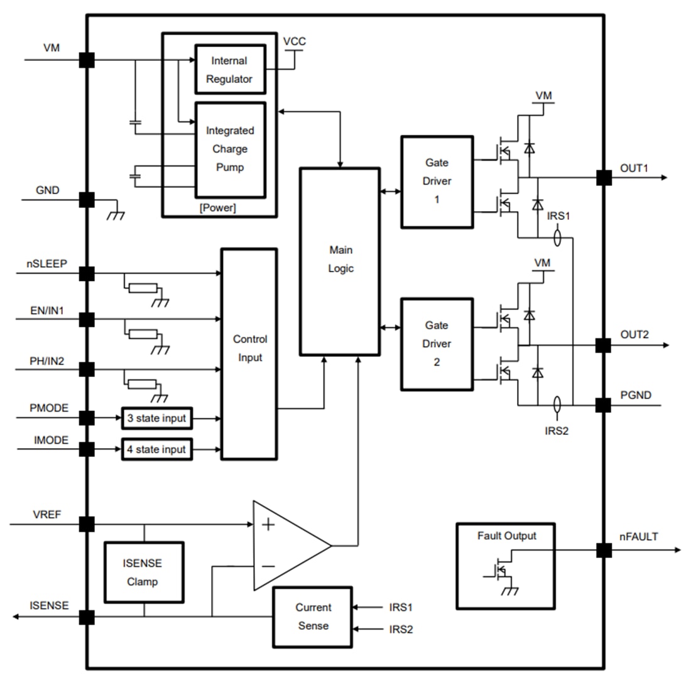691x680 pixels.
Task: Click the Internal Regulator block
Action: tap(229, 70)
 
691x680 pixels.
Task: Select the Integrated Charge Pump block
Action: tap(230, 150)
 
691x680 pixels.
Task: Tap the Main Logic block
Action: tap(340, 261)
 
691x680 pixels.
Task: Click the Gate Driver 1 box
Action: tap(437, 181)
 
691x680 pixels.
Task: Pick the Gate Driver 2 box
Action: tap(437, 344)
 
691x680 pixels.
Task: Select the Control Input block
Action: tap(249, 354)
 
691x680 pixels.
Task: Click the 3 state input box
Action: tap(156, 418)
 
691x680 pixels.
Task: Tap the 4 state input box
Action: tap(156, 449)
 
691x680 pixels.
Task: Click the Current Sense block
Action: tap(312, 617)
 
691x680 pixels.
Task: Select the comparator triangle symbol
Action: tap(286, 546)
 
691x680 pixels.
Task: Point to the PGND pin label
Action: tap(635, 395)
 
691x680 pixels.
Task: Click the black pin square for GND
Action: tap(87, 200)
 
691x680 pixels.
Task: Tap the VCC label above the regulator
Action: tap(294, 41)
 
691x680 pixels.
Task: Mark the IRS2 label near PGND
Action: tap(557, 430)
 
